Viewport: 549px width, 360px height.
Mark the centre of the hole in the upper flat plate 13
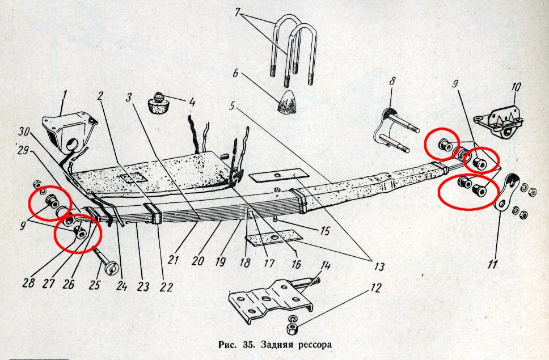[x=278, y=175]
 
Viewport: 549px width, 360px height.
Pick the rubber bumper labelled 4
[x=158, y=103]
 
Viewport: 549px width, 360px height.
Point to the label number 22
[x=166, y=287]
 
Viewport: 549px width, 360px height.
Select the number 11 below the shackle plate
[x=492, y=264]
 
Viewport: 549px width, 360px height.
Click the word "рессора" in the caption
[x=315, y=345]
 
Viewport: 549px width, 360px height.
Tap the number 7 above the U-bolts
[x=238, y=12]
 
